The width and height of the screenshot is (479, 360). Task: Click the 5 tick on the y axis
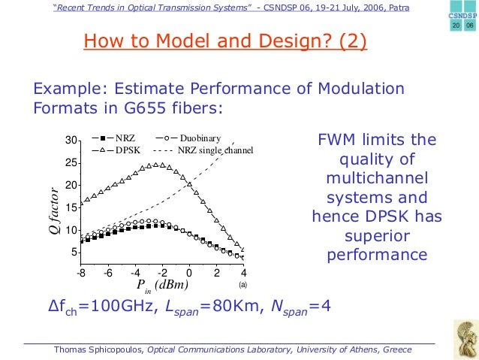tap(74, 252)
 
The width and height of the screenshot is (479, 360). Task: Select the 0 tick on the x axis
tap(189, 273)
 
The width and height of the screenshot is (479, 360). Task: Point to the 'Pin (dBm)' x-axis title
tap(161, 286)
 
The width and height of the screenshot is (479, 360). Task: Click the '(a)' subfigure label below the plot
tap(243, 286)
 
